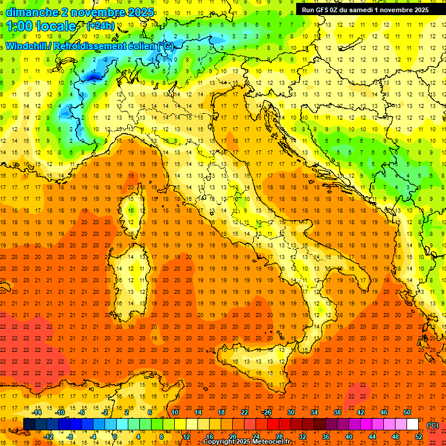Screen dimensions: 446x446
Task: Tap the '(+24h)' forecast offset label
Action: pyautogui.click(x=100, y=26)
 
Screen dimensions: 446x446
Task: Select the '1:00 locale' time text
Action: pyautogui.click(x=42, y=26)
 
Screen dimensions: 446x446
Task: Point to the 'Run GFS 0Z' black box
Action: pyautogui.click(x=365, y=9)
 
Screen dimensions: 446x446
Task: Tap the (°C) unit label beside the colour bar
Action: pyautogui.click(x=433, y=425)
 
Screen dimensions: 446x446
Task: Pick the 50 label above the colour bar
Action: pyautogui.click(x=407, y=412)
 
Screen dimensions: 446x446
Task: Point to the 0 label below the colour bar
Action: pyautogui.click(x=115, y=436)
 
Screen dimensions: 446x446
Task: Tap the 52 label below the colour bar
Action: pyautogui.click(x=418, y=436)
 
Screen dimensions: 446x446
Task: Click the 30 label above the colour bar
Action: pyautogui.click(x=290, y=412)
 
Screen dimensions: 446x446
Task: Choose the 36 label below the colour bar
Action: pyautogui.click(x=325, y=436)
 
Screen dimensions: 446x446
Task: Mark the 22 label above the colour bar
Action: pyautogui.click(x=244, y=412)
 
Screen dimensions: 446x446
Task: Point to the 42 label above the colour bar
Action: pyautogui.click(x=360, y=412)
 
